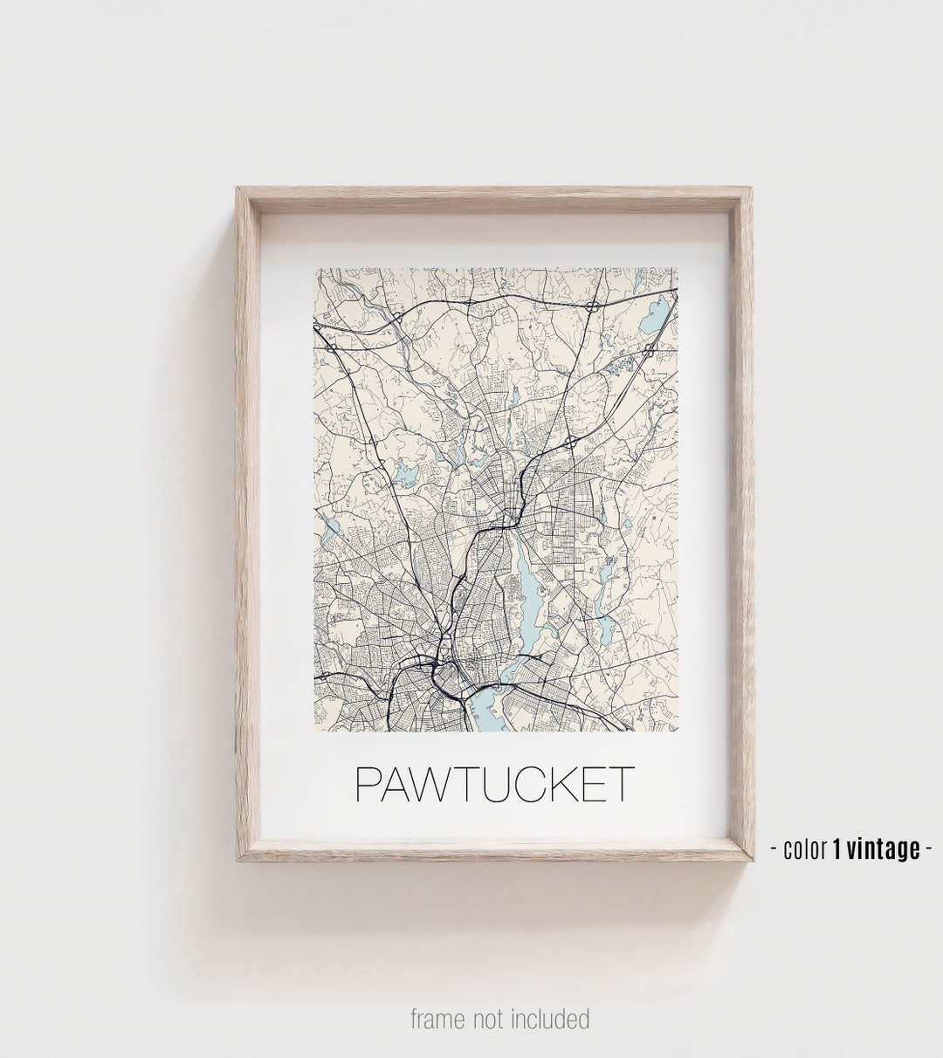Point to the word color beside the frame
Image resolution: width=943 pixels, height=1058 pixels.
coord(805,848)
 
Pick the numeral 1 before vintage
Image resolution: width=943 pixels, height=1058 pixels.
coord(836,848)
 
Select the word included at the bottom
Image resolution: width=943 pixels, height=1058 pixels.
coord(556,1019)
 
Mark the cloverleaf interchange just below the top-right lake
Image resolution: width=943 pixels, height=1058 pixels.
coord(649,350)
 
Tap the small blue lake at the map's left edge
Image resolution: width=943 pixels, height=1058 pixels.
coord(330,526)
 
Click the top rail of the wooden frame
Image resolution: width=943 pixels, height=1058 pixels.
coord(493,200)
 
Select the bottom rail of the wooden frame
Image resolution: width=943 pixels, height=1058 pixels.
coord(493,849)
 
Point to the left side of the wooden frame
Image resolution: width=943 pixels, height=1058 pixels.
coord(248,524)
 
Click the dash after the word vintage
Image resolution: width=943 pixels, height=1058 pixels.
coord(928,848)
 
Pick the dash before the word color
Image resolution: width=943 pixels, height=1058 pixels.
coord(774,848)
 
